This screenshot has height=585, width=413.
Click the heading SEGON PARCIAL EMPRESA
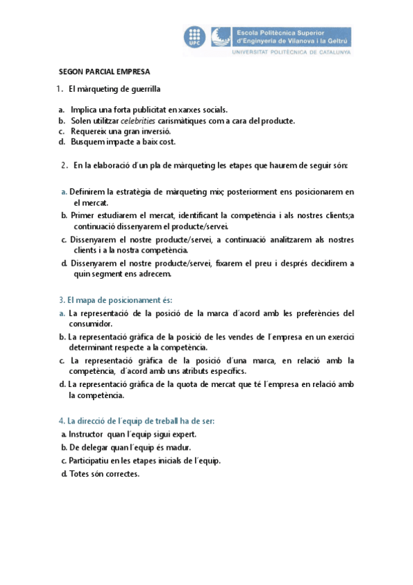104,71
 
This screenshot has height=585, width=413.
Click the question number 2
63,166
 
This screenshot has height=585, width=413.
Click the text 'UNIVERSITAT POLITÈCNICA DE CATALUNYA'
292,52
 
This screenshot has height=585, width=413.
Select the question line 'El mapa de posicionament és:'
115,300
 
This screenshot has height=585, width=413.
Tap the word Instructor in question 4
88,434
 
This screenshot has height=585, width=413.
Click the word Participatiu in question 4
91,461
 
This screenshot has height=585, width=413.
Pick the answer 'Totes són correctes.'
103,474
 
